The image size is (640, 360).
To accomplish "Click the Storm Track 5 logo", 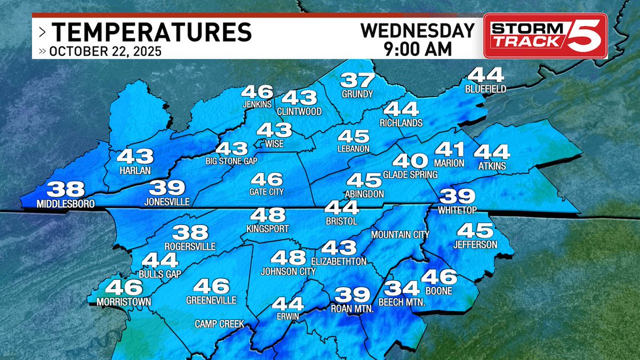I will coord(545,35).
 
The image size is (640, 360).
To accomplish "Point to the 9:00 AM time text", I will coord(418,49).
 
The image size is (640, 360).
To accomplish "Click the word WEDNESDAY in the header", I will coord(418,30).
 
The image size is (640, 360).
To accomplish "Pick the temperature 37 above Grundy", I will coord(357,81).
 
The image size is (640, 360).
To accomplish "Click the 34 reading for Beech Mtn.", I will coord(402,289).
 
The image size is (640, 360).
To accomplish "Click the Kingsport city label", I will coord(267,228).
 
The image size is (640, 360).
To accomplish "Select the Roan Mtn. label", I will coord(351,308).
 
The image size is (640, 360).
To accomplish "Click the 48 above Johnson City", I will coord(288,258).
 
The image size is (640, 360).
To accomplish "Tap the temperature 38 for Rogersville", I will coord(190,233).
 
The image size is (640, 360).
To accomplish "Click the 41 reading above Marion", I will coord(450,150).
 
